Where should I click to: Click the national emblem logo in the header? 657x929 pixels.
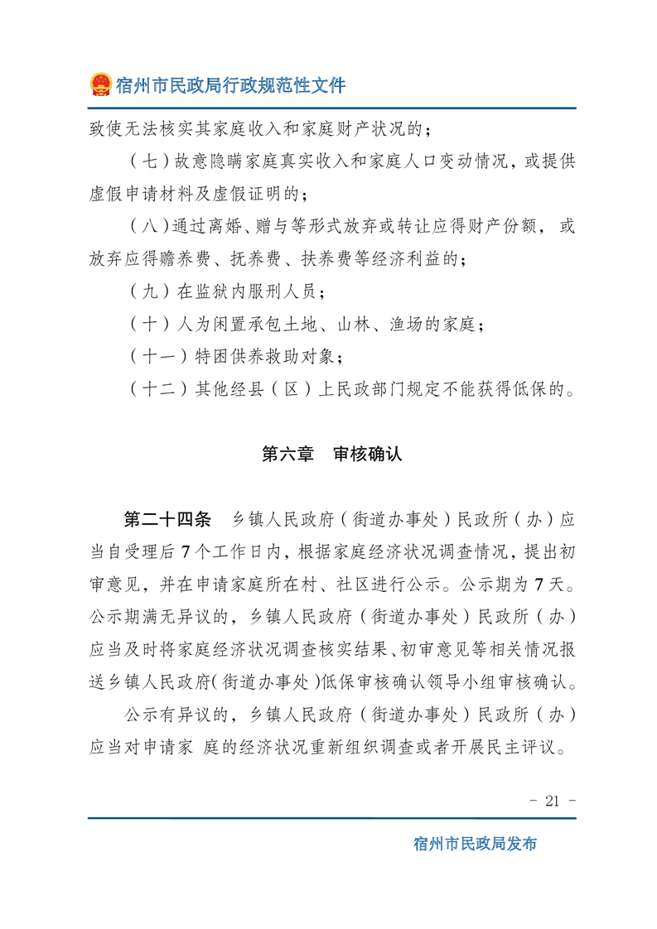click(101, 84)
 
